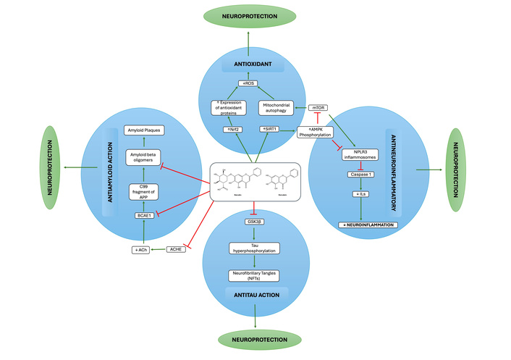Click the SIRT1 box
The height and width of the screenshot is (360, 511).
[x=269, y=129]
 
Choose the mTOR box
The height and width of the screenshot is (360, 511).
[x=318, y=107]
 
